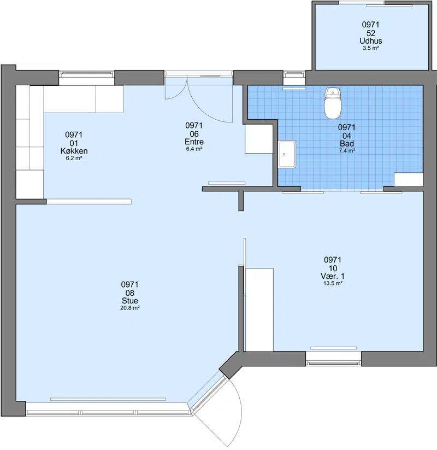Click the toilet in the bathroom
tap(332, 103)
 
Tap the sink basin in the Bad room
tap(287, 154)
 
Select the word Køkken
tap(74, 151)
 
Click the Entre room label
tap(194, 142)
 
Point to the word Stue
tap(130, 301)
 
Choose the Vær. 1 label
tap(333, 276)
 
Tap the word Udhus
tap(371, 41)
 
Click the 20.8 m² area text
tap(130, 308)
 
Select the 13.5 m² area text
tap(333, 283)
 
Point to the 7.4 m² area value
tap(347, 150)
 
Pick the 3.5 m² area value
tap(371, 48)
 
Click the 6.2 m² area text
tap(74, 158)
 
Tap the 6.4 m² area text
tap(194, 149)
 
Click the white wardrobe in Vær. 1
tap(259, 309)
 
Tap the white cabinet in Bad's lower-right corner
tap(409, 180)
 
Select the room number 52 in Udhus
tap(371, 33)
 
